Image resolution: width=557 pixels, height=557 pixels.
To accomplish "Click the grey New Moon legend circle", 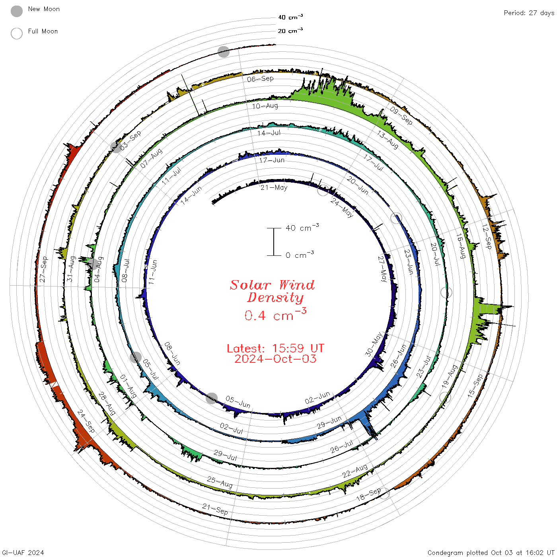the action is [16, 11].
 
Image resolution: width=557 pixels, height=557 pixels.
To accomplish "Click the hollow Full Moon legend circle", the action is [16, 33].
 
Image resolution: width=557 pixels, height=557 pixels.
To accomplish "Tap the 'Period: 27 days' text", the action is [529, 13].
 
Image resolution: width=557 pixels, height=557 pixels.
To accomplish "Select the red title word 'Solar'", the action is [250, 285].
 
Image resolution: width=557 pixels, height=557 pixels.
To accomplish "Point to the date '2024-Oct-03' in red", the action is [275, 359].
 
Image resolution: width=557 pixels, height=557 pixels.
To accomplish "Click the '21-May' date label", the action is [274, 188].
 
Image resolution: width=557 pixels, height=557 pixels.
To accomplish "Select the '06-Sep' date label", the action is [260, 79].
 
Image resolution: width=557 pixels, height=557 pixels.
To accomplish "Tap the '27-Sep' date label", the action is [43, 269].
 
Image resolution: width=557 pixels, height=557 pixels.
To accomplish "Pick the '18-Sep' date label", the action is [369, 495].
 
